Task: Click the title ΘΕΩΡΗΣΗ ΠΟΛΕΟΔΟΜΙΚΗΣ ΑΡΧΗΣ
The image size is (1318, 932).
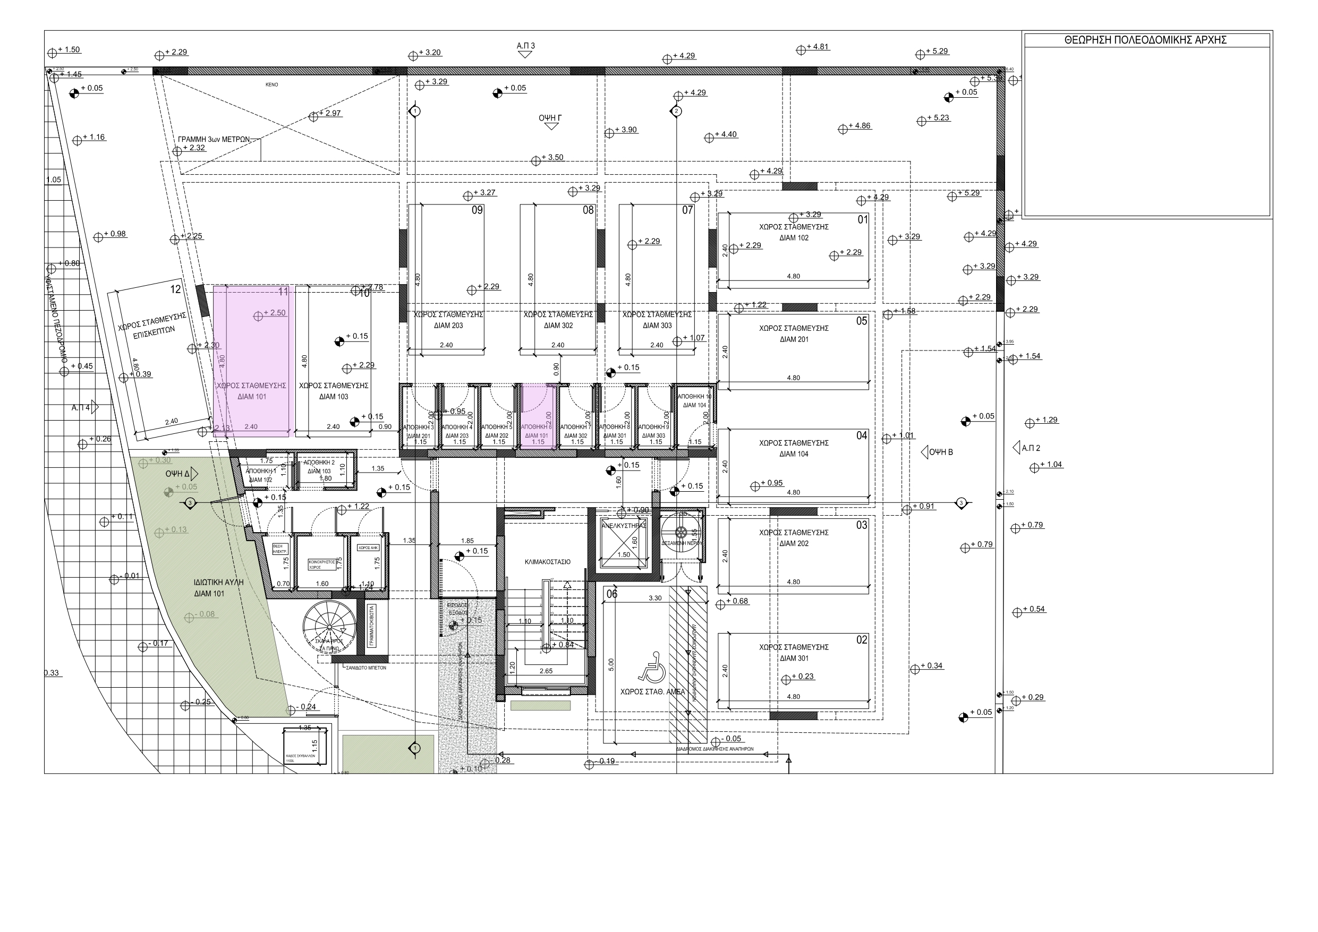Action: [x=1145, y=40]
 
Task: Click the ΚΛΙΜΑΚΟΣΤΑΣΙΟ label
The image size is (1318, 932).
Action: [x=547, y=562]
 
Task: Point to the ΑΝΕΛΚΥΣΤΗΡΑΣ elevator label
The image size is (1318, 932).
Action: [x=624, y=526]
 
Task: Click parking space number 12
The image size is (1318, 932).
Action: [x=176, y=289]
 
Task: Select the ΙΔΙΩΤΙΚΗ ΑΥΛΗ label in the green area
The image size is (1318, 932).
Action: [x=218, y=582]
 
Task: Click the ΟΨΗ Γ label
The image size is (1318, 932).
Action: [x=549, y=118]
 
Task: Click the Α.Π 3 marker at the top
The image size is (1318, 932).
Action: [x=525, y=46]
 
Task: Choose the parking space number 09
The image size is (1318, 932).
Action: [x=477, y=211]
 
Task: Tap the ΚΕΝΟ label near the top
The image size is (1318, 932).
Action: [x=271, y=85]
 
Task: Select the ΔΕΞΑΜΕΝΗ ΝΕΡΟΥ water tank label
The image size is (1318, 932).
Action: [x=682, y=543]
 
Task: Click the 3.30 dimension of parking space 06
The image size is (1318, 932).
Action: [x=654, y=598]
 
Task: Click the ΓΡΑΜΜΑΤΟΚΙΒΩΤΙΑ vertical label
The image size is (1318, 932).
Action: [x=371, y=626]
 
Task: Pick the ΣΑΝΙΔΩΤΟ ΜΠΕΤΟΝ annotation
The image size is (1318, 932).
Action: [x=365, y=668]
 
